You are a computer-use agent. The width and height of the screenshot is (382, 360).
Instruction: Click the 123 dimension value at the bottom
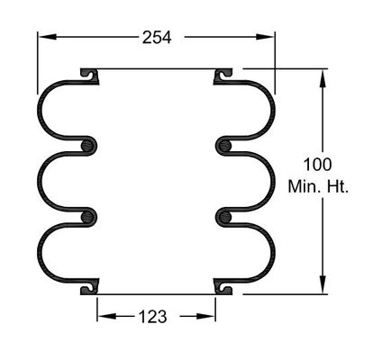(151, 316)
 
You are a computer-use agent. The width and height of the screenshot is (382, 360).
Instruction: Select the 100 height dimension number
(317, 165)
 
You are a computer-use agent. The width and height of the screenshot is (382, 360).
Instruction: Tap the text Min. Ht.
(318, 186)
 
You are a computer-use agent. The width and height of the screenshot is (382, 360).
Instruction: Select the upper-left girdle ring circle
(88, 145)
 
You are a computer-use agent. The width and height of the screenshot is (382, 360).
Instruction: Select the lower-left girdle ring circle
(88, 216)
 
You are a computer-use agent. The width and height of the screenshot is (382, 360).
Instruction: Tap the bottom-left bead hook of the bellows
(88, 287)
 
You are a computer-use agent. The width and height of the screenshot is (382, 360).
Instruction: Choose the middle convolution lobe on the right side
(265, 181)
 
